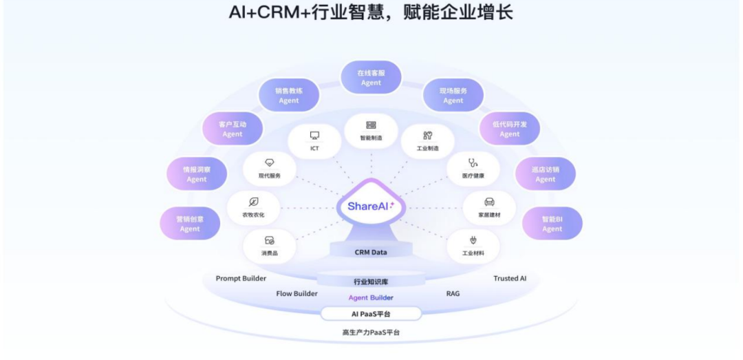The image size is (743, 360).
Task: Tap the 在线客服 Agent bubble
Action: [x=371, y=77]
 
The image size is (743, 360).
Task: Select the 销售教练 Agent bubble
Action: [x=289, y=95]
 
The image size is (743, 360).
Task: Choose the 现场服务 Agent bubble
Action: [x=453, y=95]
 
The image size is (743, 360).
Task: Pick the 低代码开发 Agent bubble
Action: [x=510, y=129]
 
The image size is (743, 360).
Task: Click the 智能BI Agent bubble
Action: [x=552, y=224]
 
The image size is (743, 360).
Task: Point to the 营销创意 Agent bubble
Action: [x=190, y=224]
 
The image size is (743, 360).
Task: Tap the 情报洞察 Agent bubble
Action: [x=197, y=174]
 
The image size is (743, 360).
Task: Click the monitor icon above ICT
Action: [x=314, y=136]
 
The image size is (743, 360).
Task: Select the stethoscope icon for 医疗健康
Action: [x=473, y=163]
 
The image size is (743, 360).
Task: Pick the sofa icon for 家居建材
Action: [x=489, y=202]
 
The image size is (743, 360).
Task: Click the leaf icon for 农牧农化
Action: [x=253, y=202]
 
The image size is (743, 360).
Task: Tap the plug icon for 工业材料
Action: [x=473, y=240]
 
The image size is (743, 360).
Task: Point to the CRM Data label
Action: [x=371, y=253]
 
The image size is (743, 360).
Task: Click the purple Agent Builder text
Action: [x=371, y=298]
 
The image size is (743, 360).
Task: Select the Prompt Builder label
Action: [x=241, y=279]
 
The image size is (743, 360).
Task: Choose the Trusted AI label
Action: [x=510, y=279]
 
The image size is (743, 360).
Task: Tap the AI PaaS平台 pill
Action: [x=371, y=315]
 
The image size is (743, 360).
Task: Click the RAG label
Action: [x=453, y=294]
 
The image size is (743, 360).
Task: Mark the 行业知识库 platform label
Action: [x=371, y=282]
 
